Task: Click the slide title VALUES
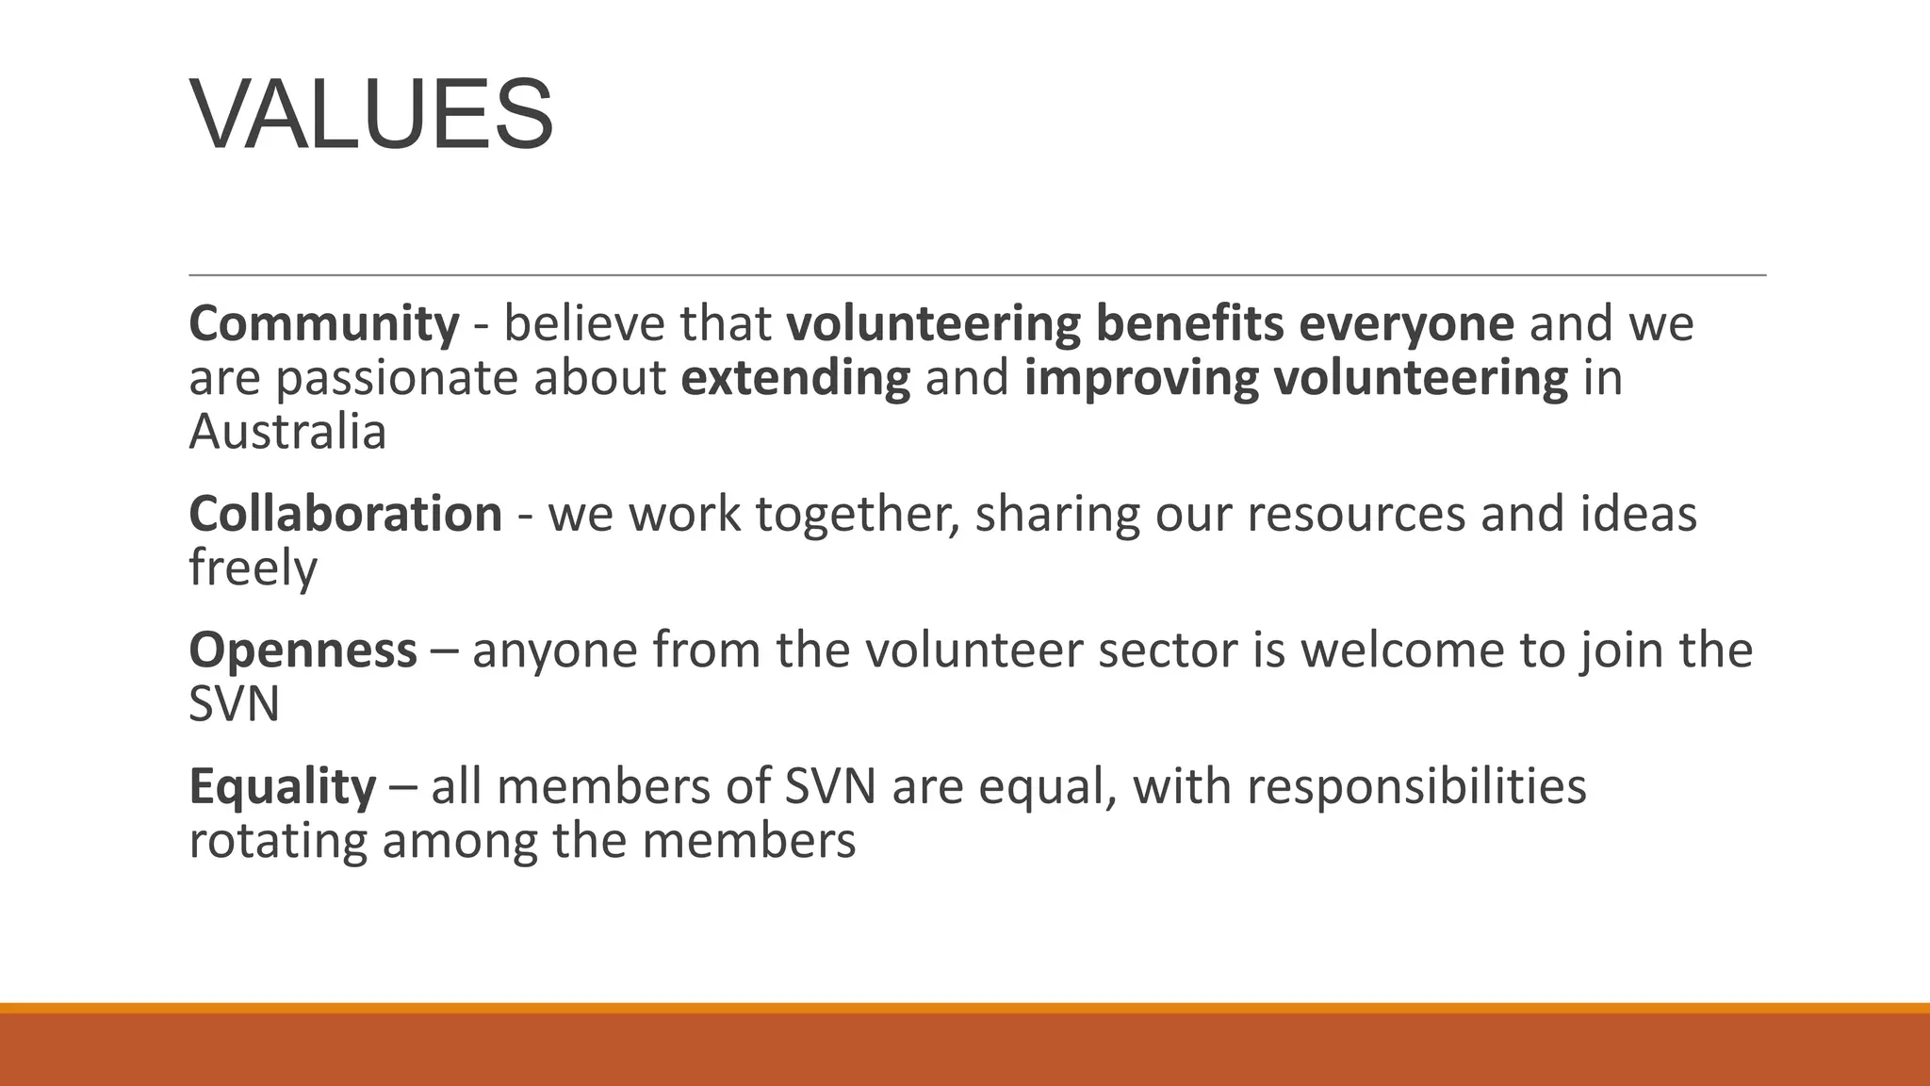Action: tap(372, 115)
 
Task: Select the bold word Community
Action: tap(324, 324)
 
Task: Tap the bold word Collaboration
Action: tap(346, 515)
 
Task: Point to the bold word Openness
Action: tap(303, 650)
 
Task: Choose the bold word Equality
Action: tap(282, 786)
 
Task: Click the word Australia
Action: tap(287, 433)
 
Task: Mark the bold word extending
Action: tap(795, 379)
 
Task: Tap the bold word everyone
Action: tap(1406, 324)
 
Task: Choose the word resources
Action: tap(1356, 515)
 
